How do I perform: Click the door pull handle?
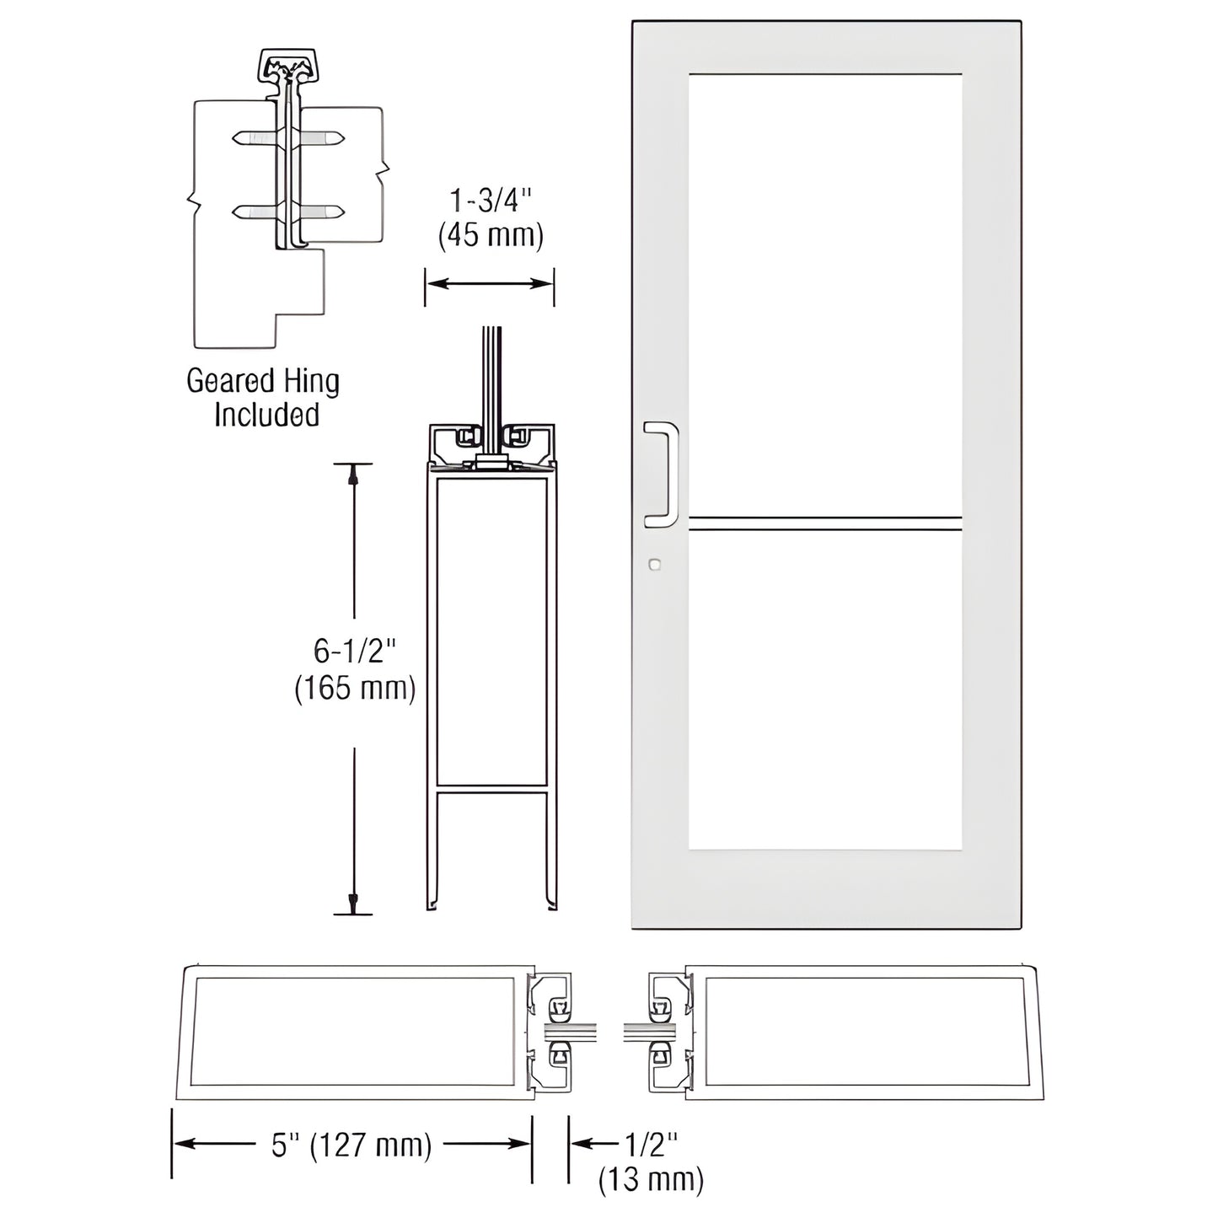click(662, 475)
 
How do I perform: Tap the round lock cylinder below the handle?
click(654, 564)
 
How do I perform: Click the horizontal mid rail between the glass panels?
click(824, 523)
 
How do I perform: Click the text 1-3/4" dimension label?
click(491, 201)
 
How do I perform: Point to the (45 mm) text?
click(491, 234)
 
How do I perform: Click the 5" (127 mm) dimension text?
click(351, 1146)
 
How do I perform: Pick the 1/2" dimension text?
click(651, 1145)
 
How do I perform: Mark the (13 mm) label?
click(651, 1179)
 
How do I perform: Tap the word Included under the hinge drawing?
click(266, 415)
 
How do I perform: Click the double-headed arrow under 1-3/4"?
click(489, 284)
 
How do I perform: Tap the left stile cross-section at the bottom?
click(354, 1032)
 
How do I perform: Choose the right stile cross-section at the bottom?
click(864, 1032)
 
